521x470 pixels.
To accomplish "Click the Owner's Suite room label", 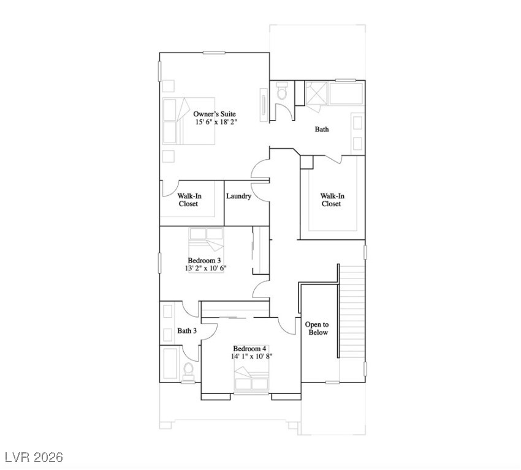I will tap(215, 114).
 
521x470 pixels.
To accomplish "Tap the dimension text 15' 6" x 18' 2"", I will tap(216, 122).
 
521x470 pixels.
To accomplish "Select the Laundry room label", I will tap(238, 196).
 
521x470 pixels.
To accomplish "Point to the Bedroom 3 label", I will tap(204, 260).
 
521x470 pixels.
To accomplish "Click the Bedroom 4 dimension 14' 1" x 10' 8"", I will tap(251, 356).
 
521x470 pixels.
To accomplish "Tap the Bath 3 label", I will tap(187, 331).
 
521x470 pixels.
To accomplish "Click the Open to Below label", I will tap(317, 328).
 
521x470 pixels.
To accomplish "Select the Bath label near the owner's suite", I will tap(322, 129).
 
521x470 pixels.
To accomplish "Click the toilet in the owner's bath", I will tap(282, 92).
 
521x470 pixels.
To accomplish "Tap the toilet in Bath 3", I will tap(188, 369).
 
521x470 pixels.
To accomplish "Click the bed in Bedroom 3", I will tap(207, 239).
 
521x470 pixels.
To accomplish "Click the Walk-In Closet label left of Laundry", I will tap(189, 200).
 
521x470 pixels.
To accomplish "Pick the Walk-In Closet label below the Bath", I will tap(332, 200).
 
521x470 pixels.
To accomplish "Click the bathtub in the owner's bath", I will tap(346, 94).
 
